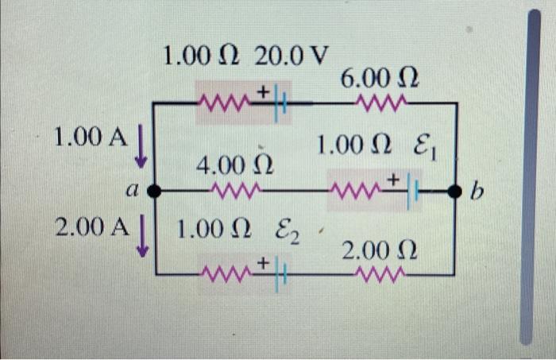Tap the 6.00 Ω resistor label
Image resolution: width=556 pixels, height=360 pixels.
[x=380, y=79]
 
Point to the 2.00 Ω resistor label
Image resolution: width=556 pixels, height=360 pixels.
[x=380, y=252]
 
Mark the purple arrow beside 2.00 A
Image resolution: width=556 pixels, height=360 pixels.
[x=142, y=237]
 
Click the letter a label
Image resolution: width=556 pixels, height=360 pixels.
[x=133, y=192]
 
